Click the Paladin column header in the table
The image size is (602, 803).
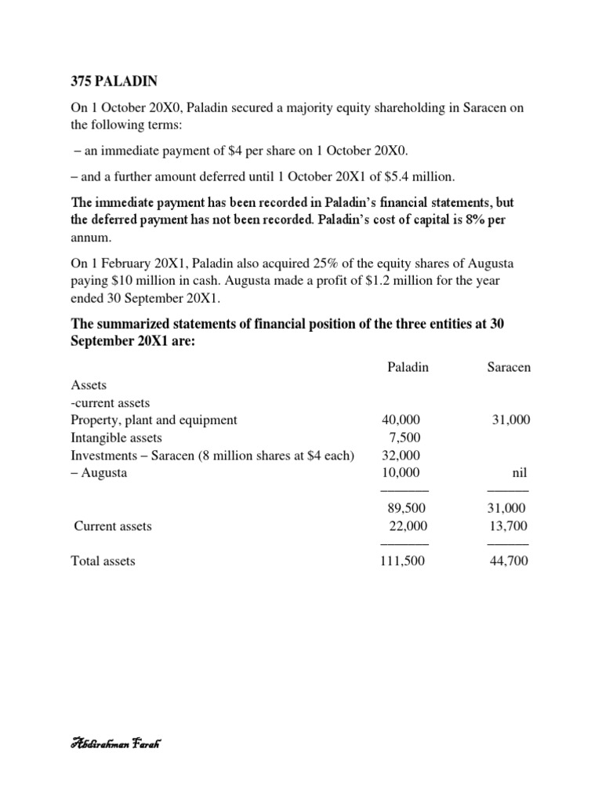[x=408, y=367]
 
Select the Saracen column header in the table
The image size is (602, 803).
[x=509, y=367]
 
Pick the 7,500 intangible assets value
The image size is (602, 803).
[x=409, y=438]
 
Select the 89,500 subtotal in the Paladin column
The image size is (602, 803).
[x=404, y=508]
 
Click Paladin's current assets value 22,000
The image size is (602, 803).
[x=404, y=526]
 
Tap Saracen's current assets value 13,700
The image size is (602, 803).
[x=509, y=526]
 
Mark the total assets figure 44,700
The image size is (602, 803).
[x=509, y=561]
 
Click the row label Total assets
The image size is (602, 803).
[x=103, y=561]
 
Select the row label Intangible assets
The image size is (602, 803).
[x=116, y=438]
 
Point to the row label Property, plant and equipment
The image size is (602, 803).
[x=154, y=420]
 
